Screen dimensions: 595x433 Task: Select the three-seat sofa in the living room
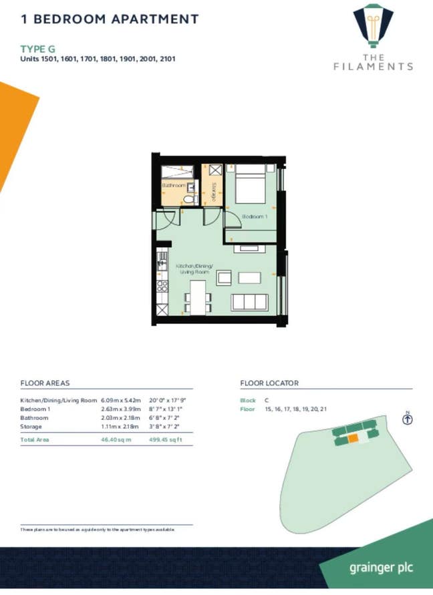point(251,302)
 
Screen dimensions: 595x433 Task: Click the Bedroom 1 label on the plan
point(255,217)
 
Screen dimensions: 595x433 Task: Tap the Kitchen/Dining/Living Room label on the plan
point(194,268)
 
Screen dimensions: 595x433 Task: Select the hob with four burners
point(162,286)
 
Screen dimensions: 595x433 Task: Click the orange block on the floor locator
point(353,438)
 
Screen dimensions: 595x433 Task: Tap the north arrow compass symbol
point(407,419)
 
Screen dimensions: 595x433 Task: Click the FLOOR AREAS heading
point(45,383)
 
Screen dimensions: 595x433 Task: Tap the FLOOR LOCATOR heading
point(269,383)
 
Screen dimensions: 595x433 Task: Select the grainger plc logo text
point(381,568)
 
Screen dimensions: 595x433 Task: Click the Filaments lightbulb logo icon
point(374,25)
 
